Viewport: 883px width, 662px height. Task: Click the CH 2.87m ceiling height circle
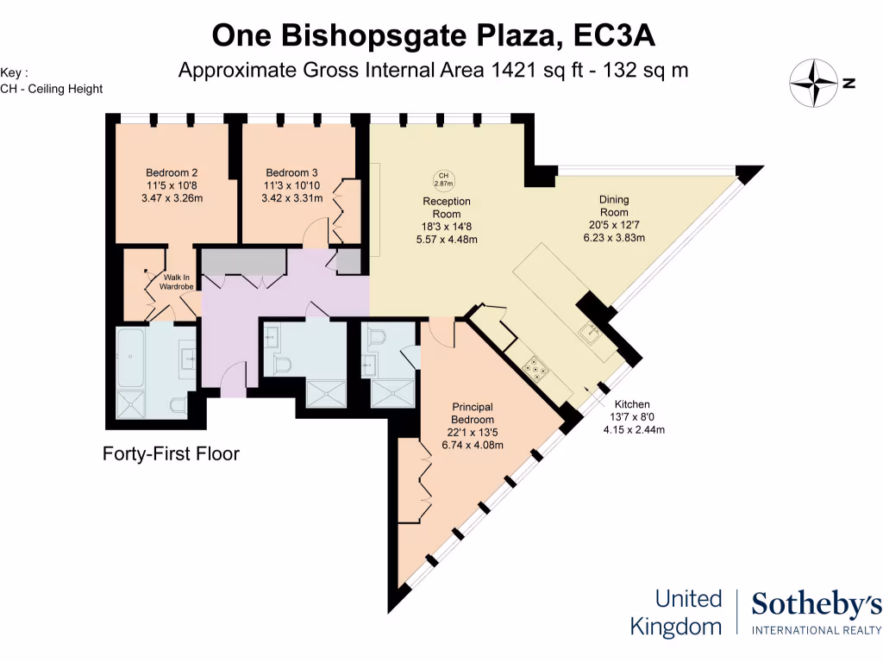pos(442,179)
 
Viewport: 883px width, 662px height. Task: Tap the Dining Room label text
pos(614,206)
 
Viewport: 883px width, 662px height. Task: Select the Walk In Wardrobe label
pos(175,281)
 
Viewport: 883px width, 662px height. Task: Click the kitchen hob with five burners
pos(537,368)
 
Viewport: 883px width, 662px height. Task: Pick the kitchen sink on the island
pos(592,331)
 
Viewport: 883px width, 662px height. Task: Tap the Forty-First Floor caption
pos(171,453)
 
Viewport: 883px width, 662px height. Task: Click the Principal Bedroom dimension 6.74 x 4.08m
pos(472,445)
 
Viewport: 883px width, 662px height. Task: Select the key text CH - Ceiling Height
pos(52,89)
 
